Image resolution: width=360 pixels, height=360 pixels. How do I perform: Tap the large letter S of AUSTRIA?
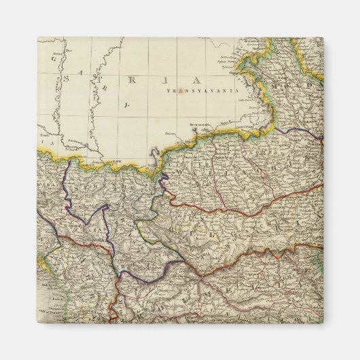pos(67,79)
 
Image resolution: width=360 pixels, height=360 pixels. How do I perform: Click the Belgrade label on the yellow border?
pos(112,162)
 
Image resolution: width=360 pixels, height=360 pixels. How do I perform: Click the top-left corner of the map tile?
pos(37,37)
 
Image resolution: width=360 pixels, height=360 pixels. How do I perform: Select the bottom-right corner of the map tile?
pos(323,323)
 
